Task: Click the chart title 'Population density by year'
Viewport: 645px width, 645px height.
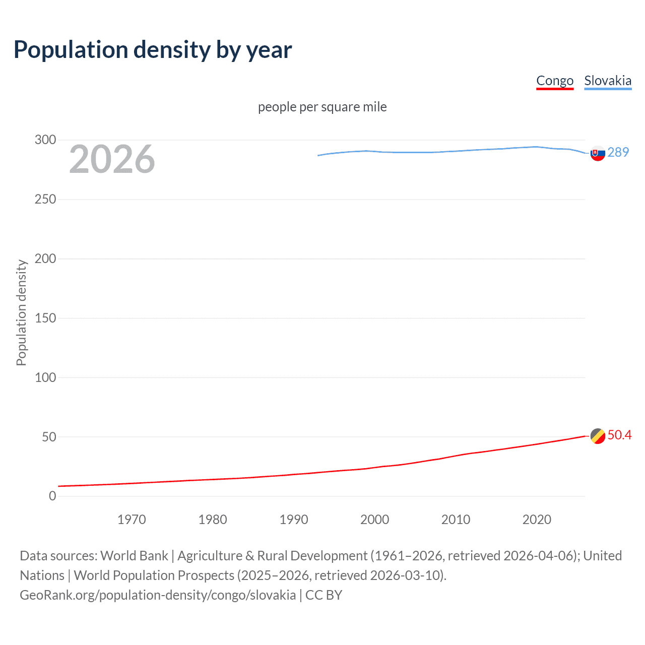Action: tap(153, 50)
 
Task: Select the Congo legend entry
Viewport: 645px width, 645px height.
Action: tap(555, 81)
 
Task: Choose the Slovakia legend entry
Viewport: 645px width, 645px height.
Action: tap(608, 81)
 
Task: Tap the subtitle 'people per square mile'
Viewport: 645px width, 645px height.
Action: tap(322, 107)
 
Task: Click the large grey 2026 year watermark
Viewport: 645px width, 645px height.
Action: tap(112, 159)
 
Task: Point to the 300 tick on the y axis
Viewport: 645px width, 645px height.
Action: tap(45, 140)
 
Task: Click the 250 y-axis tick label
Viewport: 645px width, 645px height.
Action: tap(45, 199)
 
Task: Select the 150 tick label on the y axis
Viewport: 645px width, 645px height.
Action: tap(45, 318)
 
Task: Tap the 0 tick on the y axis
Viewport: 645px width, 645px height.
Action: tap(52, 496)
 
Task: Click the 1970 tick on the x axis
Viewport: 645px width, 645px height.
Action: tap(132, 520)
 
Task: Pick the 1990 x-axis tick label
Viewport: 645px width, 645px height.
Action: tap(294, 520)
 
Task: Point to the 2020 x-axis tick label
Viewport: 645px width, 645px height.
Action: tap(537, 520)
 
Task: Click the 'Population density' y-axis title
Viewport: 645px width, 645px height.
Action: tap(21, 312)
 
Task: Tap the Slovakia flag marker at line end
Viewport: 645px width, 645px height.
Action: tap(598, 153)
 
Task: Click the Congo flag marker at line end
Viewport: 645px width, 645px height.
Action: tap(598, 436)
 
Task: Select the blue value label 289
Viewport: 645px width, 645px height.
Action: tap(618, 152)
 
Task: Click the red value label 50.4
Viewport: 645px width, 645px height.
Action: tap(619, 435)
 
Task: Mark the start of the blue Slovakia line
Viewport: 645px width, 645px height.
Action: tap(318, 155)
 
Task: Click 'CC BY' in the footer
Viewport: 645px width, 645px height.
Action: tap(324, 595)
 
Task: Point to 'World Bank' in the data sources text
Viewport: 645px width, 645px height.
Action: tap(134, 556)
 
